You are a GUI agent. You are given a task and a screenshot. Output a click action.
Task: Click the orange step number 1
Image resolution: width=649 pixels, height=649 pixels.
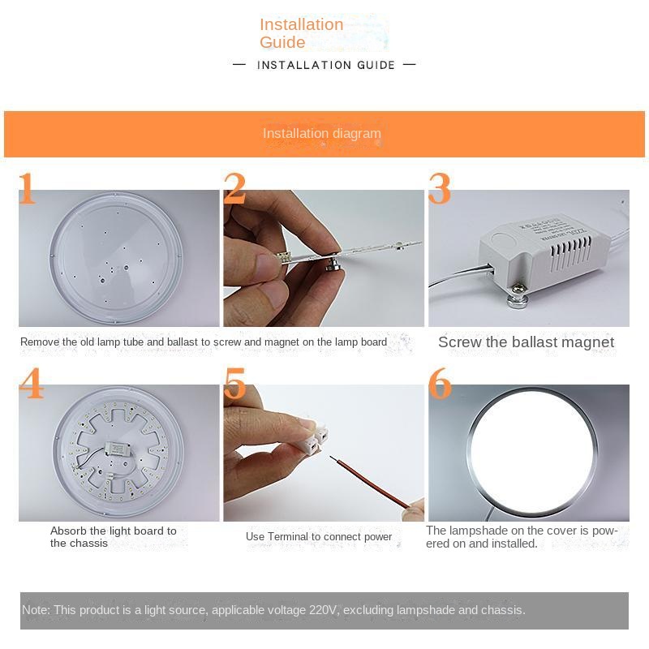[28, 188]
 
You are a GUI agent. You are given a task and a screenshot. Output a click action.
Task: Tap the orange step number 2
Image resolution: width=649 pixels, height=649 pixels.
[234, 188]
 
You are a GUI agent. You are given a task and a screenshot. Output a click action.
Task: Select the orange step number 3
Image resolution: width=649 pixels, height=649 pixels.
[440, 188]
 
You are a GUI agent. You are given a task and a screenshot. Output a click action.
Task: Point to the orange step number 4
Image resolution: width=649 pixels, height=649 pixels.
[32, 383]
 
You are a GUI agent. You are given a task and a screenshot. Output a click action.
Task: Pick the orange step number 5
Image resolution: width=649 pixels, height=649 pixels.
[234, 383]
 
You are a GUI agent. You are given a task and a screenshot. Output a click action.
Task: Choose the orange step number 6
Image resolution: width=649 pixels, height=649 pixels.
[440, 383]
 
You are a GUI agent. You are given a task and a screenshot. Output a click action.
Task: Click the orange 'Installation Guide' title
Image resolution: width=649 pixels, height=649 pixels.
[302, 33]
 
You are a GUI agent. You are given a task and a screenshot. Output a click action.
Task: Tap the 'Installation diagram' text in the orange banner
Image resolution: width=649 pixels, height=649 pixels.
[322, 133]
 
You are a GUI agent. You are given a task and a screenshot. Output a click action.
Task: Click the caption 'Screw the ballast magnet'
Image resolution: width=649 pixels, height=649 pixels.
[526, 342]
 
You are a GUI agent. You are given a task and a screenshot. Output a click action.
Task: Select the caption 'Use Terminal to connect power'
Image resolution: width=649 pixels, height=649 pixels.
[319, 537]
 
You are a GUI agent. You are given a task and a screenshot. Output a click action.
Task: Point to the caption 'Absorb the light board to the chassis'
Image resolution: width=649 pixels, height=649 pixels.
[114, 537]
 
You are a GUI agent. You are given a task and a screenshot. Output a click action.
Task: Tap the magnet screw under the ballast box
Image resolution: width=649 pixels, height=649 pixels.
[518, 298]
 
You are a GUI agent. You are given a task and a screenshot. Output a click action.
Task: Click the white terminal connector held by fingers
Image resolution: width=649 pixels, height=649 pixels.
[316, 437]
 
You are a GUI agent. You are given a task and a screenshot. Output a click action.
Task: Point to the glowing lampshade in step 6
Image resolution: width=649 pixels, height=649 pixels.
[533, 449]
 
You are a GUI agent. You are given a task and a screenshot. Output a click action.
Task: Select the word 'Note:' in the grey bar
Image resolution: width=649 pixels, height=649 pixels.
[36, 610]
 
